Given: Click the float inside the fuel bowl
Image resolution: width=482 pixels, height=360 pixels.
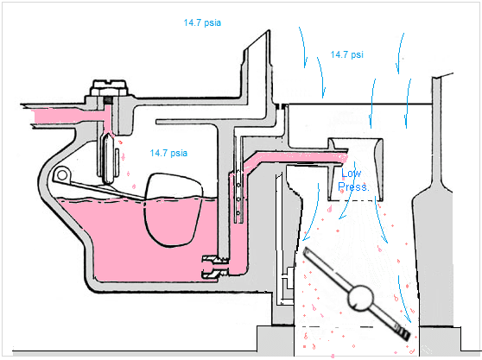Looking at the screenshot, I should pyautogui.click(x=173, y=208).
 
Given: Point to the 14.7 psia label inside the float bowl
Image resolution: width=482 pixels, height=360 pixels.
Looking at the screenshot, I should pyautogui.click(x=169, y=153).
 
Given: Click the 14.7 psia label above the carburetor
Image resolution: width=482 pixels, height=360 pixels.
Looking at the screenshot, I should pyautogui.click(x=202, y=22).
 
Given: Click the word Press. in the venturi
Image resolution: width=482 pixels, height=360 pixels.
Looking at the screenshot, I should pyautogui.click(x=354, y=186).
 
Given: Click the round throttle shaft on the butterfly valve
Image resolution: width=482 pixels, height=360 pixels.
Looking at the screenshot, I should pyautogui.click(x=358, y=300).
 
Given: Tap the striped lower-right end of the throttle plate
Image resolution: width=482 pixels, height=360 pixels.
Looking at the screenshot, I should pyautogui.click(x=399, y=330).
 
